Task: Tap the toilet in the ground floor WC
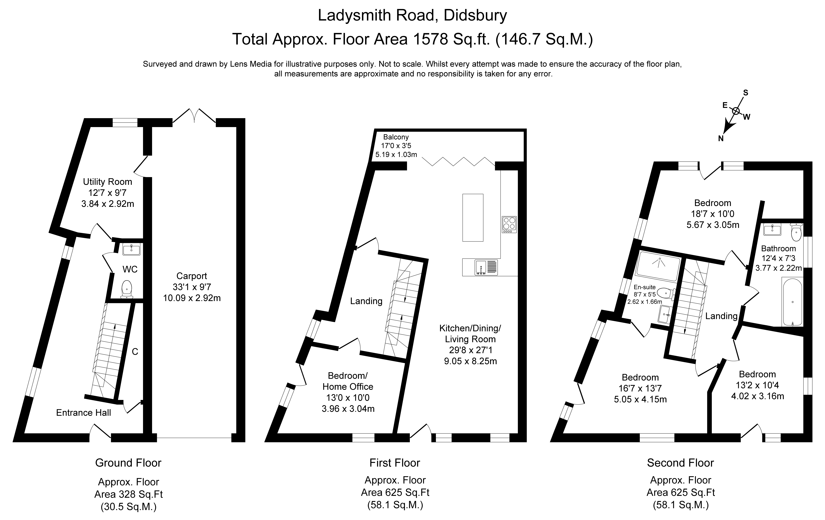click(127, 289)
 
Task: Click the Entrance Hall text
click(84, 412)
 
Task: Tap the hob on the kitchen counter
click(509, 224)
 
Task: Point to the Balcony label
click(396, 137)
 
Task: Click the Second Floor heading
click(680, 463)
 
